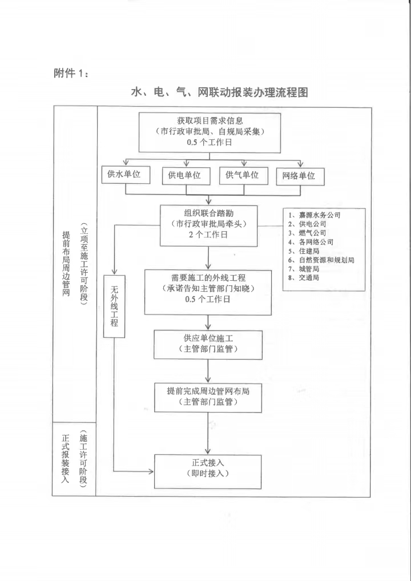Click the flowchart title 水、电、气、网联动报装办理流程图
(223, 92)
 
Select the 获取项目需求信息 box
(210, 132)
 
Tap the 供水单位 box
(126, 175)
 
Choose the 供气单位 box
(242, 175)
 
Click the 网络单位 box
(300, 176)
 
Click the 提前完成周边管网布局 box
(208, 397)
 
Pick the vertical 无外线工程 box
(114, 305)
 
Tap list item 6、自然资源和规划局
(325, 260)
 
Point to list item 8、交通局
(307, 278)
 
